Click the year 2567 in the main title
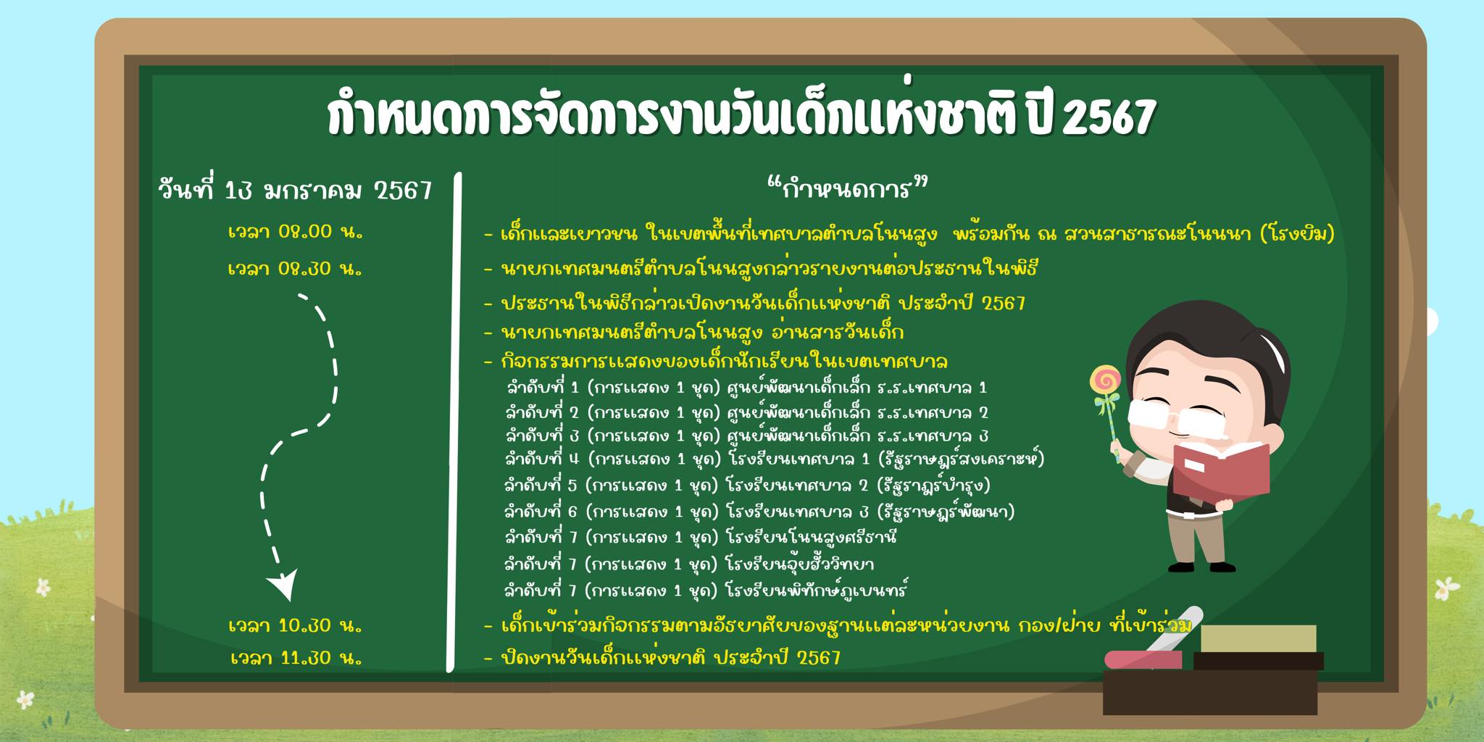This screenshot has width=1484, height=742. [x=1108, y=117]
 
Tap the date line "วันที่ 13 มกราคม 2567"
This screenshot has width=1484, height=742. [x=296, y=190]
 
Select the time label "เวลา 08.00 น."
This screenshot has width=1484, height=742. [x=295, y=232]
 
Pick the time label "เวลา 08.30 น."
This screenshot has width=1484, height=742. [x=295, y=269]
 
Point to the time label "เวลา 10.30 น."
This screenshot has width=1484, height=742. [x=295, y=625]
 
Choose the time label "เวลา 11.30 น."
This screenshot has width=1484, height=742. [x=296, y=658]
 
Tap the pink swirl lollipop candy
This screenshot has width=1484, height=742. [x=1106, y=380]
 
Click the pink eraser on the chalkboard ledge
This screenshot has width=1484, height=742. [x=1143, y=660]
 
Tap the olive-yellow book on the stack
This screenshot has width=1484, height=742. [x=1259, y=638]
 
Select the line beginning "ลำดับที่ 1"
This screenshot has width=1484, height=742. [x=746, y=388]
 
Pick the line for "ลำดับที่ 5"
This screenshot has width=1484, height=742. [x=747, y=485]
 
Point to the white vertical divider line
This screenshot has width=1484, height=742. [x=454, y=422]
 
